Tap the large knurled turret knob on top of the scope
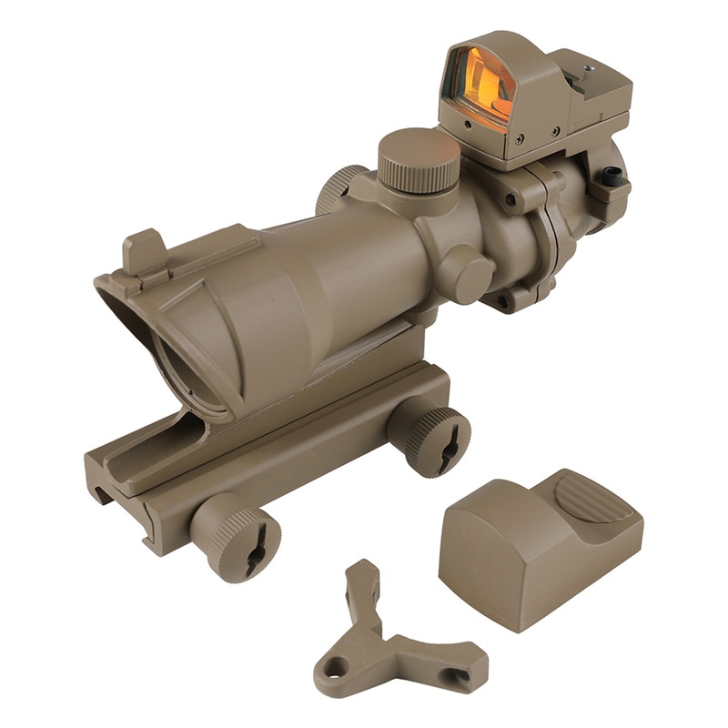tap(418, 161)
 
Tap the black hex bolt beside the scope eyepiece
tap(612, 178)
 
